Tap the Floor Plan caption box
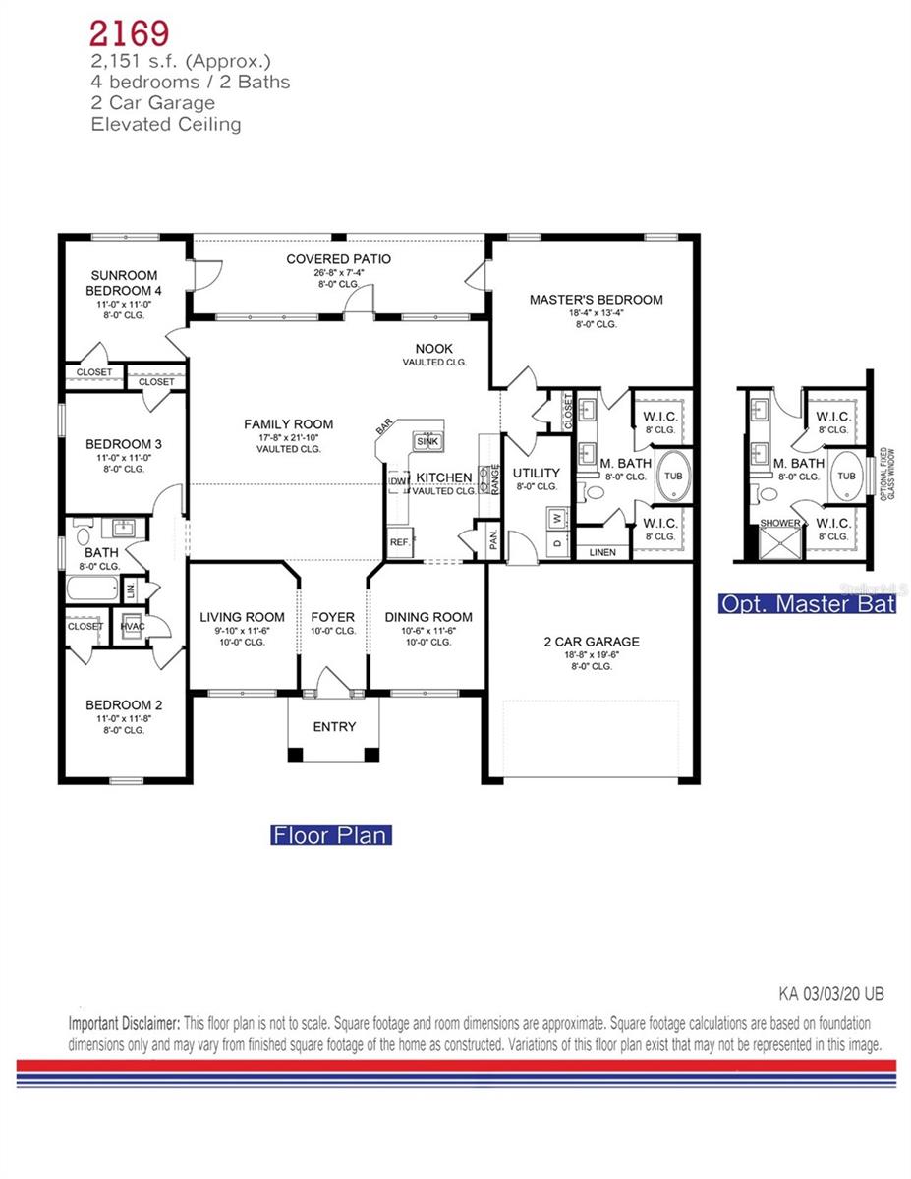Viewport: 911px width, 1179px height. tap(331, 835)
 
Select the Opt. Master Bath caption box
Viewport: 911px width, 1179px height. tap(807, 604)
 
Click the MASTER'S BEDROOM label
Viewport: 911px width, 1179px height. tap(596, 300)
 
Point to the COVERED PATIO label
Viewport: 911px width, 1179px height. tap(338, 259)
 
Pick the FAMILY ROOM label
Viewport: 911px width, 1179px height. tap(288, 424)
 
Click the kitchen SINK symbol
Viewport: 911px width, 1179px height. tap(427, 440)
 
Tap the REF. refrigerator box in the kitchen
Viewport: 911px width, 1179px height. tap(399, 541)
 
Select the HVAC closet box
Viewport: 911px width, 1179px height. tap(132, 626)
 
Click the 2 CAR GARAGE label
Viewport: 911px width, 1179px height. tap(591, 642)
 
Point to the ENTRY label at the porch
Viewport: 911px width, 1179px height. tap(334, 727)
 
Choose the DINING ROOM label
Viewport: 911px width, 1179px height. tap(427, 617)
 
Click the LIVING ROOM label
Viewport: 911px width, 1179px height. tap(242, 617)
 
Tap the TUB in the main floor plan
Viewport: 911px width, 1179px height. tap(673, 476)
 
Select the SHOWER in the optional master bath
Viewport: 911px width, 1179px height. tap(780, 524)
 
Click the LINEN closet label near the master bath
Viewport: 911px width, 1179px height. tap(602, 552)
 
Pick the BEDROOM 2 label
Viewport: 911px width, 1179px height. tap(123, 704)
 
